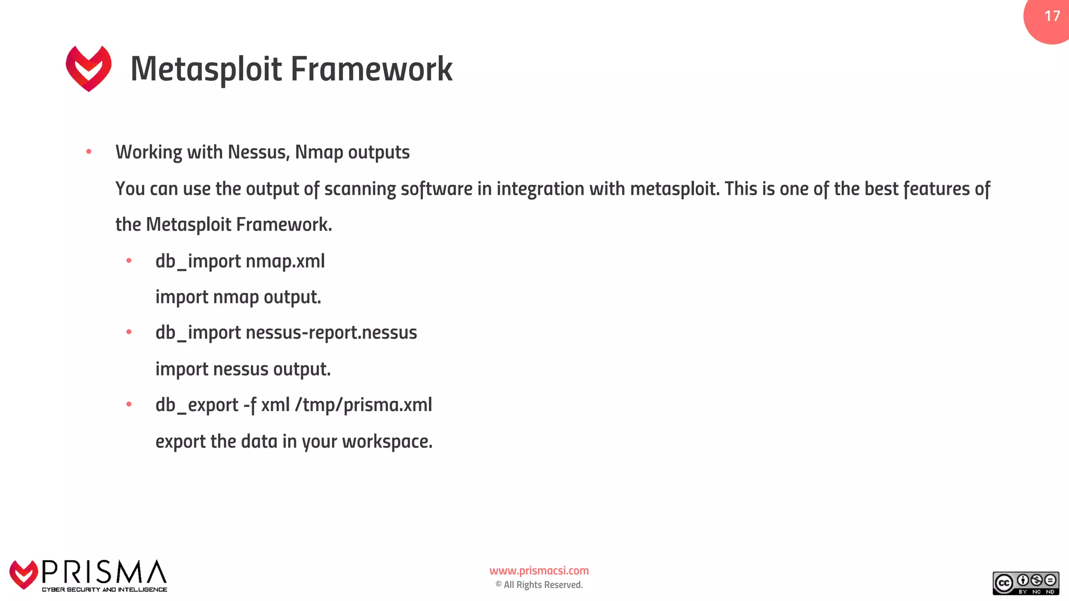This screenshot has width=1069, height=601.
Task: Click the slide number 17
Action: [x=1052, y=16]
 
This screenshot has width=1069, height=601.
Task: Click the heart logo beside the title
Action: [x=89, y=68]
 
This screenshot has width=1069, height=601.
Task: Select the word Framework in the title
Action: [x=371, y=69]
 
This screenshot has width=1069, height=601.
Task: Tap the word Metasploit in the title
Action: [x=206, y=69]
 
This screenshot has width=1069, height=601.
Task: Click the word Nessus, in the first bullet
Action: [x=258, y=152]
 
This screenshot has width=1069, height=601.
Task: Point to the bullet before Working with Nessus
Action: [x=89, y=152]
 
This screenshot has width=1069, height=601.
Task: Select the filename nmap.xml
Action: [x=285, y=261]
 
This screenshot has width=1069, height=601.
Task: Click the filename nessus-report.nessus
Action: [x=331, y=333]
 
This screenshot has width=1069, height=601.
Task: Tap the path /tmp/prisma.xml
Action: [x=363, y=405]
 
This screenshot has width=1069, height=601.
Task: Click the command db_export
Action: [x=197, y=405]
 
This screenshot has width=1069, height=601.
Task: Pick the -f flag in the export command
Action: [x=250, y=405]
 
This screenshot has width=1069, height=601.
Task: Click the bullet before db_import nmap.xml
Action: [x=129, y=260]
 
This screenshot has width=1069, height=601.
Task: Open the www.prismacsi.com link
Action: [x=539, y=571]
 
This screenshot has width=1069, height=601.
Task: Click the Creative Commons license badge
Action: [x=1025, y=583]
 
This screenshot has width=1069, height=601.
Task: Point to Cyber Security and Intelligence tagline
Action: [x=104, y=590]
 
